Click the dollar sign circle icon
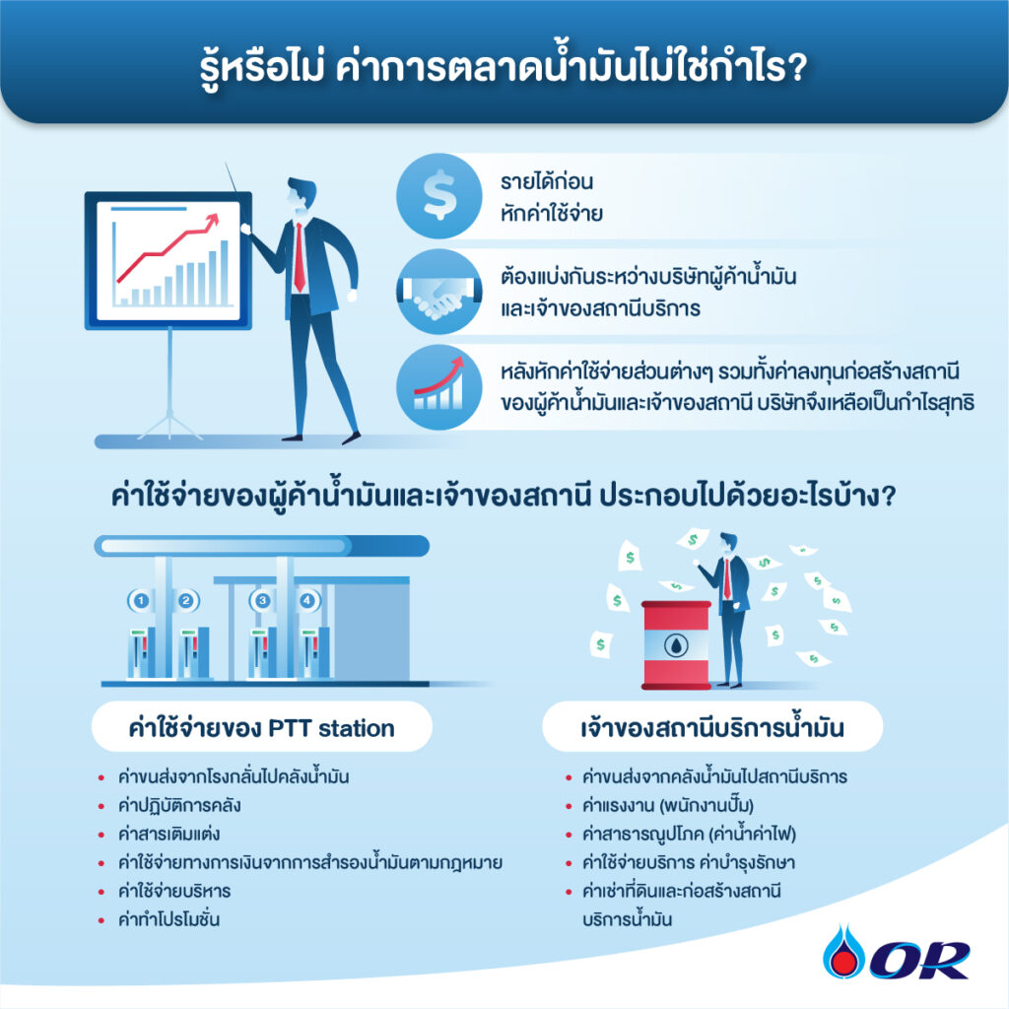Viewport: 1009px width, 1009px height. [438, 196]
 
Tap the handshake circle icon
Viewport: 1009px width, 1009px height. [438, 292]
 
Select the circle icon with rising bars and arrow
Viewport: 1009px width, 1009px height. [438, 386]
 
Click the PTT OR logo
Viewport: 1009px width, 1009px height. [897, 953]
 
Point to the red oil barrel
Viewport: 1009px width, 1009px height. [676, 645]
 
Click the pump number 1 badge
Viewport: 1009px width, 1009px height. [140, 600]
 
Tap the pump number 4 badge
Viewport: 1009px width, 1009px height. [307, 600]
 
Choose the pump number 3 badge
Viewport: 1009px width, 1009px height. [262, 600]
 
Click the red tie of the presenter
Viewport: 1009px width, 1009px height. [300, 257]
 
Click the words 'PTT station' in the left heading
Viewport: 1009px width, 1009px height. [331, 728]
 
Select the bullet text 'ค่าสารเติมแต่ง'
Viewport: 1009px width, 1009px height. [168, 834]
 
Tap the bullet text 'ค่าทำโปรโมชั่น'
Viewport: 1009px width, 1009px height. [168, 919]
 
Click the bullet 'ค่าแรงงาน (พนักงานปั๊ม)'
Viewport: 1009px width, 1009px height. [667, 805]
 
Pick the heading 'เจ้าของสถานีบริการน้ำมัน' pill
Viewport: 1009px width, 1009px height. [712, 726]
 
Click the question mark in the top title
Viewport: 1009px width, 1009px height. [796, 66]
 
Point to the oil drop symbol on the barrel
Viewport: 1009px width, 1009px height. [676, 645]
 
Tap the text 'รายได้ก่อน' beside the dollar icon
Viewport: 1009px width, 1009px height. [546, 181]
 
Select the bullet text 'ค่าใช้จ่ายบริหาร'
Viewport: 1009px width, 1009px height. [173, 891]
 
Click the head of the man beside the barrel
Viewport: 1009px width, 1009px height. [728, 542]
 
